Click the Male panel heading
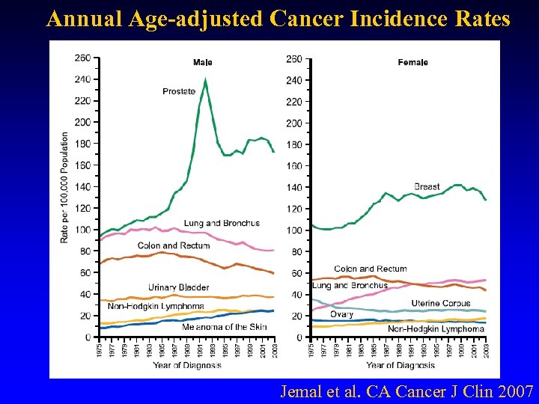click(x=202, y=62)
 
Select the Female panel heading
click(x=412, y=62)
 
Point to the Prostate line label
click(x=179, y=91)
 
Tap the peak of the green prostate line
click(x=205, y=79)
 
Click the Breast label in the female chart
click(x=427, y=186)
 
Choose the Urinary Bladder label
click(x=178, y=287)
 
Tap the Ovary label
click(x=341, y=314)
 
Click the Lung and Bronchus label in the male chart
click(x=222, y=223)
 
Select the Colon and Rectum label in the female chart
click(x=371, y=269)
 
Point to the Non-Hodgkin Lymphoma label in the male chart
click(x=156, y=306)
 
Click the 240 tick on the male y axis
click(x=83, y=79)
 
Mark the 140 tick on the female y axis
click(x=294, y=187)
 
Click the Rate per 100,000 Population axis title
click(x=65, y=187)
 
